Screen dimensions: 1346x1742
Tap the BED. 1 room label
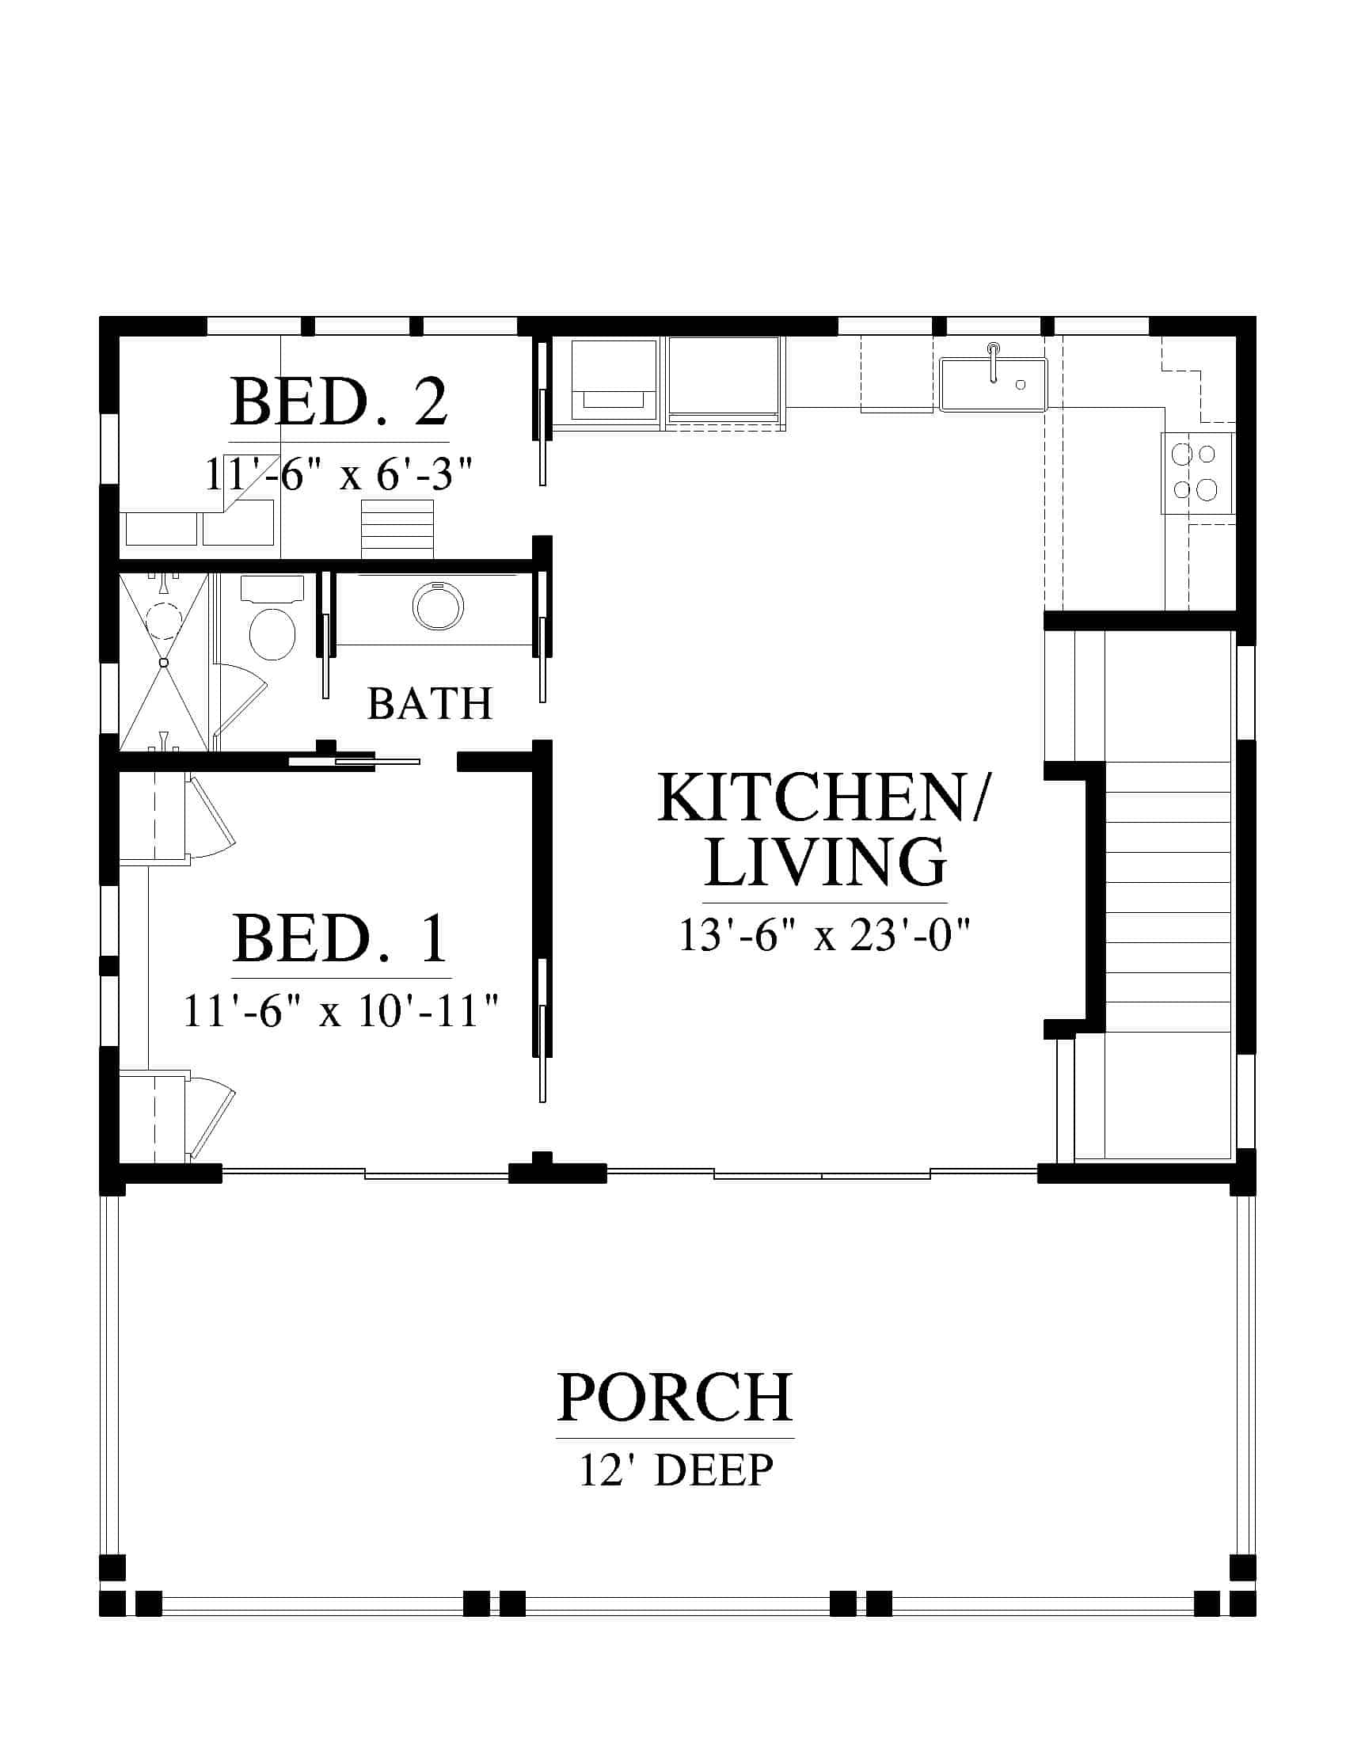(x=340, y=939)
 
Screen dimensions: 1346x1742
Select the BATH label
(x=430, y=703)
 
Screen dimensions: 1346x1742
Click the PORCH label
(x=675, y=1398)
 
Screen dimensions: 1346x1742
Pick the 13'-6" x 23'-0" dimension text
(x=824, y=935)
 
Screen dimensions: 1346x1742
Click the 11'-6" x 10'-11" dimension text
(x=341, y=1010)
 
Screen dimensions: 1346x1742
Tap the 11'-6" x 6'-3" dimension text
(x=339, y=474)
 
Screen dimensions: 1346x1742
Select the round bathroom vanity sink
(x=438, y=607)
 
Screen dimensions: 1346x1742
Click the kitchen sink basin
(x=993, y=385)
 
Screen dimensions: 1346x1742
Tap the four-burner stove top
(x=1197, y=472)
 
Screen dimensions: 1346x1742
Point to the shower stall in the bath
(x=163, y=662)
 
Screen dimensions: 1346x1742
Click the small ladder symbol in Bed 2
(x=397, y=529)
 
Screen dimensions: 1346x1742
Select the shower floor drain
(x=164, y=662)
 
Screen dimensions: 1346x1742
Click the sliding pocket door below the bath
(x=354, y=761)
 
